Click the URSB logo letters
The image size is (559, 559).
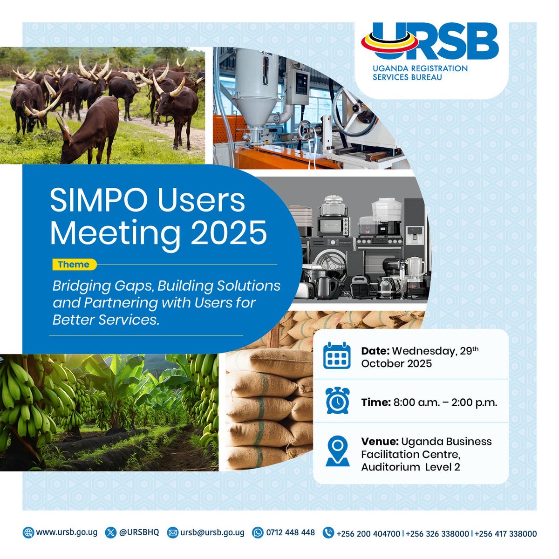point(431,43)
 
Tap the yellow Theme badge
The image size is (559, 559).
point(74,265)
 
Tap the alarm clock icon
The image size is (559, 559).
point(337,401)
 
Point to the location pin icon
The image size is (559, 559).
point(337,451)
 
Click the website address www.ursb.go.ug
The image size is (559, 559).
point(66,532)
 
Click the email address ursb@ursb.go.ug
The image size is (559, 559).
point(212,532)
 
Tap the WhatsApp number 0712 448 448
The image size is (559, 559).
point(290,532)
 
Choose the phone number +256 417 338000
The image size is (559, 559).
point(506,533)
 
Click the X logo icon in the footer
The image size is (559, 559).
point(110,532)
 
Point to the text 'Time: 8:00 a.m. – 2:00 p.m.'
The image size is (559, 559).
point(429,402)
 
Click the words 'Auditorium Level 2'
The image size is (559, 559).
point(410,467)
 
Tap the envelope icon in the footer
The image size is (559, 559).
point(173,532)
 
